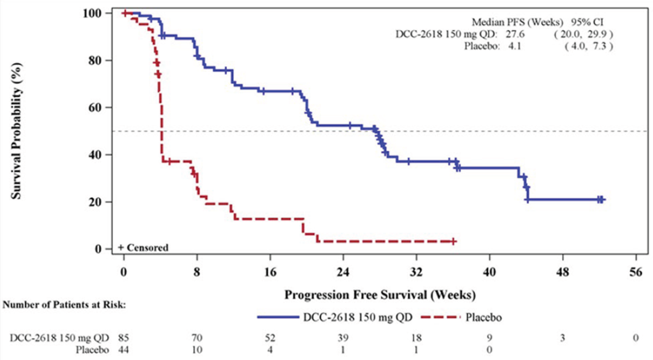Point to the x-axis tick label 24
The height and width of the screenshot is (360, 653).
tap(343, 272)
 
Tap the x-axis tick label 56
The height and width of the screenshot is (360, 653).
tap(636, 272)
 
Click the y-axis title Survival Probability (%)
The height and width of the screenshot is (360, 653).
tap(16, 131)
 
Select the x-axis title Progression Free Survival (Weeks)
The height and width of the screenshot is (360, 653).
tap(380, 295)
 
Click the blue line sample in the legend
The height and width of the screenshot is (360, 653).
tap(278, 317)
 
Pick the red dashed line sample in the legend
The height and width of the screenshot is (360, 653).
tap(440, 317)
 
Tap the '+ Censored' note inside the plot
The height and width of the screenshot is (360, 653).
tap(143, 248)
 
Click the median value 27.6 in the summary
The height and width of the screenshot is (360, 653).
tap(515, 34)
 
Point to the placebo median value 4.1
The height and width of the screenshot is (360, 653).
tap(514, 46)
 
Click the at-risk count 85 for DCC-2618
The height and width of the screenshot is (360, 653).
tap(123, 338)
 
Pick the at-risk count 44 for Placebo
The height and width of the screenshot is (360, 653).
tap(123, 350)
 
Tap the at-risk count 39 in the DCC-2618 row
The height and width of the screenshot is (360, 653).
tap(343, 338)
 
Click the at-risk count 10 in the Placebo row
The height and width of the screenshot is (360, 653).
tap(197, 350)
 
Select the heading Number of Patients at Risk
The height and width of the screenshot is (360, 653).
tap(64, 305)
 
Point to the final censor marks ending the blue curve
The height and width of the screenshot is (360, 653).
tap(601, 199)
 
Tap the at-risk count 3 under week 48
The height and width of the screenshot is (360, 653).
tap(563, 338)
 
